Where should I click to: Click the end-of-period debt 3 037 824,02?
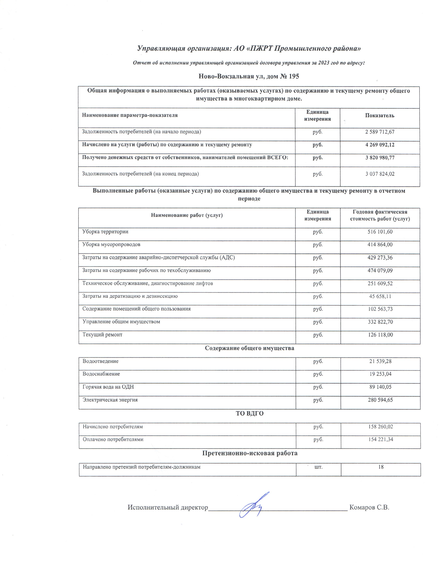pos(380,174)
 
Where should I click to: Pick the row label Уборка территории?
pos(105,232)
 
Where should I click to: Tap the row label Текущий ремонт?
pos(102,335)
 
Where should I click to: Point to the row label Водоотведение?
pos(101,361)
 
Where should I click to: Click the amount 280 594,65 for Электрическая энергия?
pos(380,400)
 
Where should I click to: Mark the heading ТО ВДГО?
pos(250,414)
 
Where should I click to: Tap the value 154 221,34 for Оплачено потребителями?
pos(380,439)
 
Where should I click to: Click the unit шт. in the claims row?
pos(318,467)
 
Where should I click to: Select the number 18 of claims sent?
pos(381,467)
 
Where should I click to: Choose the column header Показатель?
pos(380,115)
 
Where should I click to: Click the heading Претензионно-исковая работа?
pos(250,453)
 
